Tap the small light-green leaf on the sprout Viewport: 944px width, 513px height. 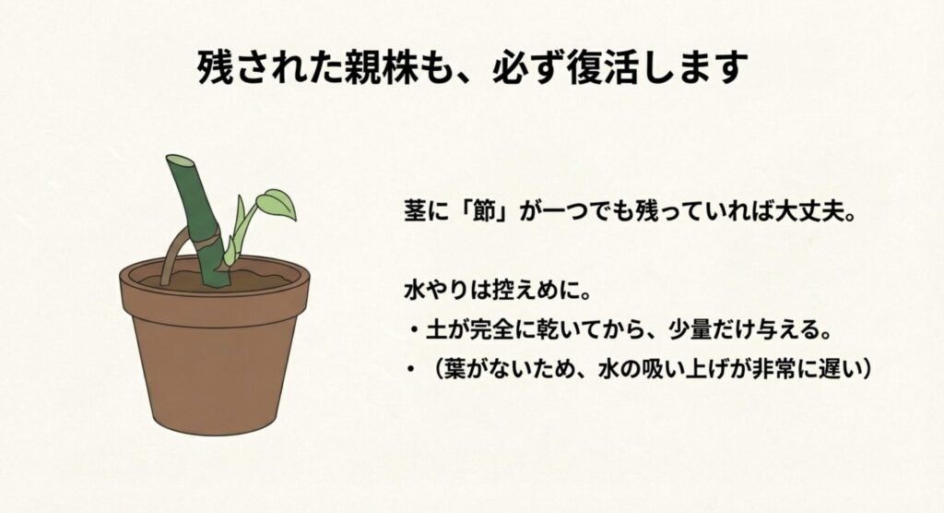click(276, 202)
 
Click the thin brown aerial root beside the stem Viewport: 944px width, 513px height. click(169, 259)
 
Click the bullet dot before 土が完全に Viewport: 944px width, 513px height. click(414, 330)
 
